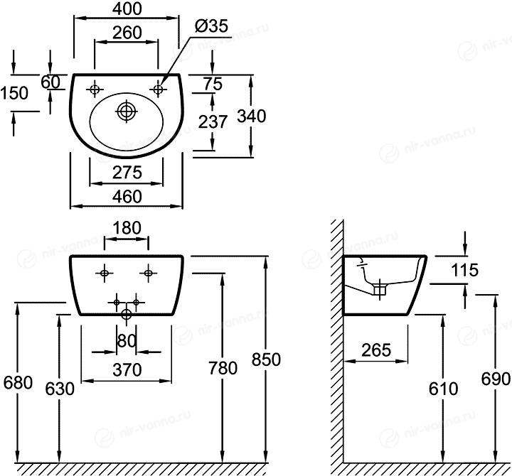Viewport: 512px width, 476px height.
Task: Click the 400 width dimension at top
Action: point(126,9)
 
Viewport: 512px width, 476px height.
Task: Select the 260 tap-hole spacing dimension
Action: point(126,33)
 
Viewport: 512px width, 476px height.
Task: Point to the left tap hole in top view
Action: point(95,90)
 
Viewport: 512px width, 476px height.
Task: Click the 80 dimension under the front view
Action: point(126,340)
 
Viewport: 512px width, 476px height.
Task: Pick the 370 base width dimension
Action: point(126,370)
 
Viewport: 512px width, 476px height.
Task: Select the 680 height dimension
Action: point(18,382)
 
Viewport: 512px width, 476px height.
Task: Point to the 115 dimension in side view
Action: point(464,270)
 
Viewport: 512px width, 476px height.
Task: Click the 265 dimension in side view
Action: point(375,350)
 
